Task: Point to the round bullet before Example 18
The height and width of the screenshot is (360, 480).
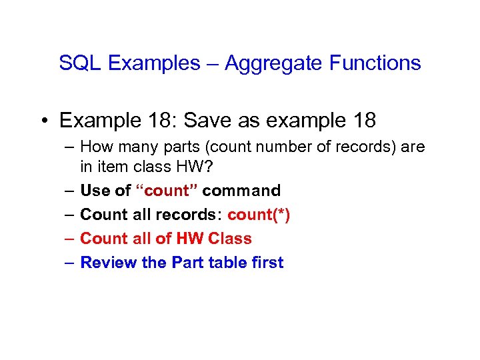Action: (43, 121)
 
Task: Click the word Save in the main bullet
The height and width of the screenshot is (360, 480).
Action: (205, 121)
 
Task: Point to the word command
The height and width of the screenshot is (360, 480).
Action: (241, 191)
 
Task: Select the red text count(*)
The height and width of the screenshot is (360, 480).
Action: (259, 215)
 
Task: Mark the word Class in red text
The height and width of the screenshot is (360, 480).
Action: (229, 239)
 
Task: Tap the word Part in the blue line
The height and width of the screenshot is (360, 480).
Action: (187, 263)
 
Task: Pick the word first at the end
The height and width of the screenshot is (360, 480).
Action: (266, 263)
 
